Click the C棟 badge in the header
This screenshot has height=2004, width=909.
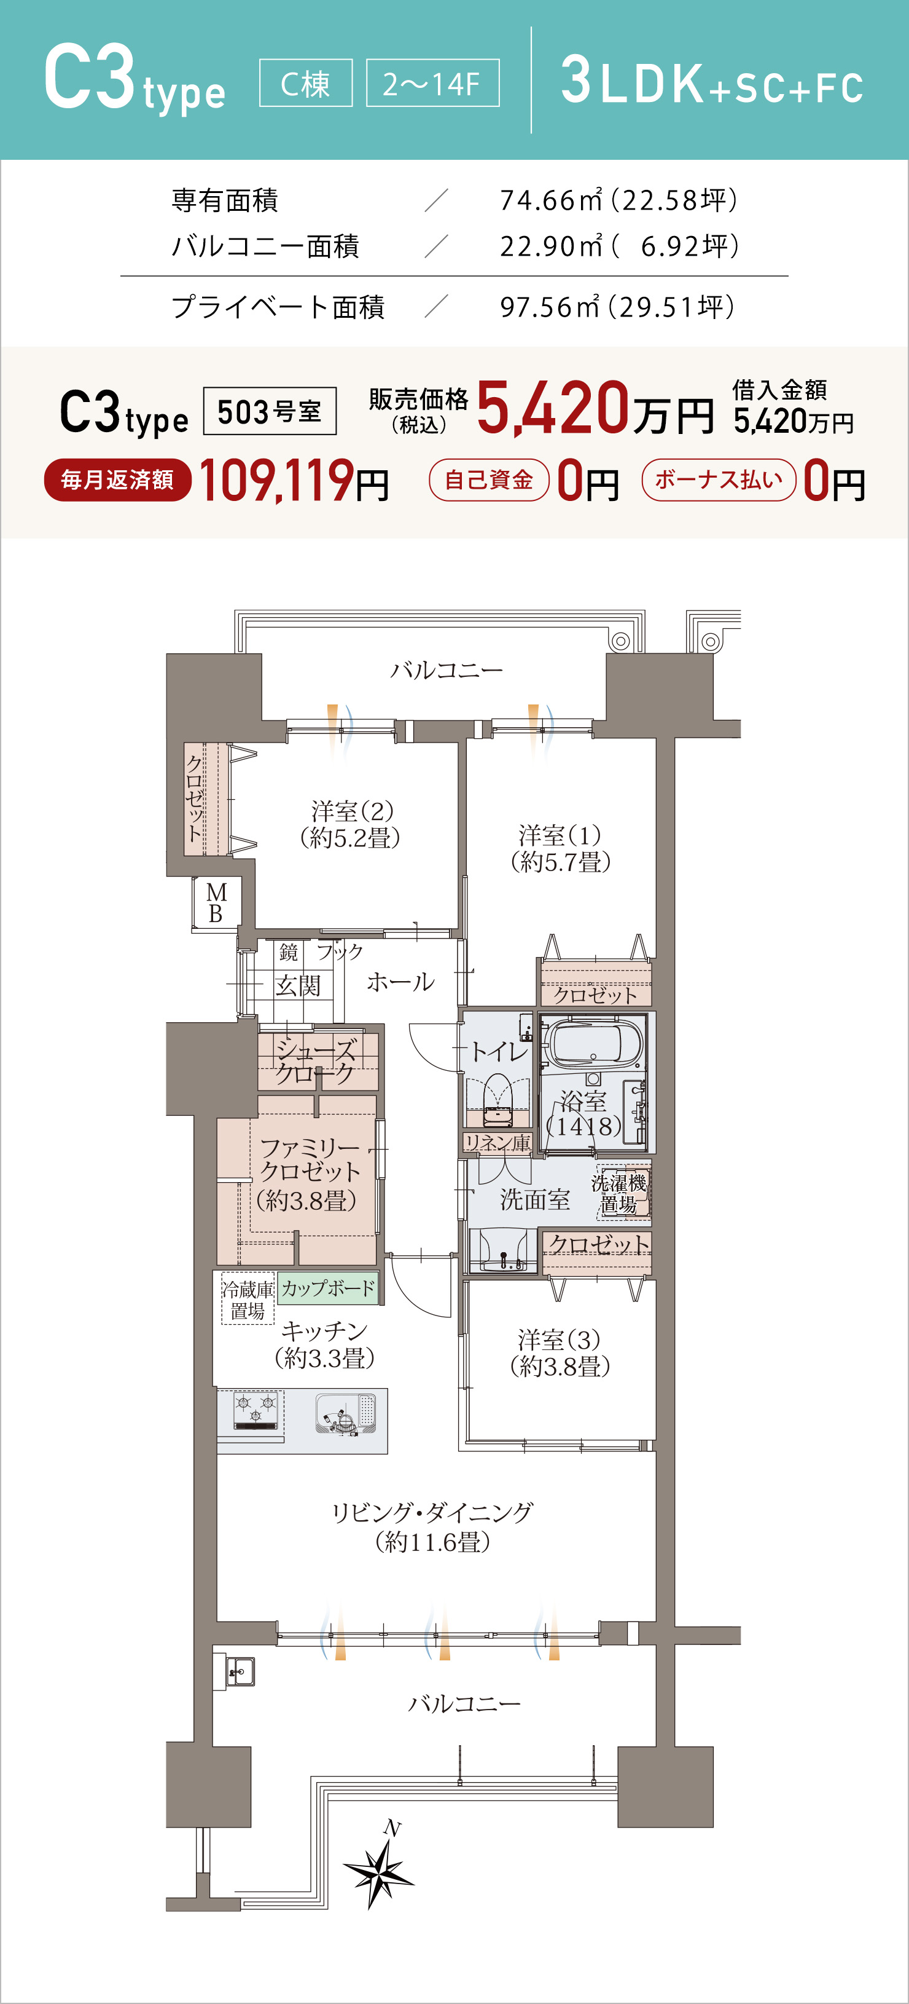pos(306,83)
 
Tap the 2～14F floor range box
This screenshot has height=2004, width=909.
pos(432,83)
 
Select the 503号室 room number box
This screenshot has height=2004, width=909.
pos(270,411)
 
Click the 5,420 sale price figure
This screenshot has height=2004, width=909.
pos(552,407)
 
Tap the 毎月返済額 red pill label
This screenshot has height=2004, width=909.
pos(117,480)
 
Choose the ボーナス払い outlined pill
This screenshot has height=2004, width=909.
pos(719,480)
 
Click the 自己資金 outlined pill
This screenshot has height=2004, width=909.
pos(489,480)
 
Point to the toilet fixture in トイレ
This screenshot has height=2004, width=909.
pos(497,1099)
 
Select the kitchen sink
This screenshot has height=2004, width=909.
pos(346,1413)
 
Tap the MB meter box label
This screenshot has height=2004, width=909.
pos(216,902)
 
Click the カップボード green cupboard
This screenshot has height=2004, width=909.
pos(327,1288)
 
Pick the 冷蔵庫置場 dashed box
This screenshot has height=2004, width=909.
pos(248,1298)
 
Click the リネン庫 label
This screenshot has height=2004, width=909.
pos(497,1142)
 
